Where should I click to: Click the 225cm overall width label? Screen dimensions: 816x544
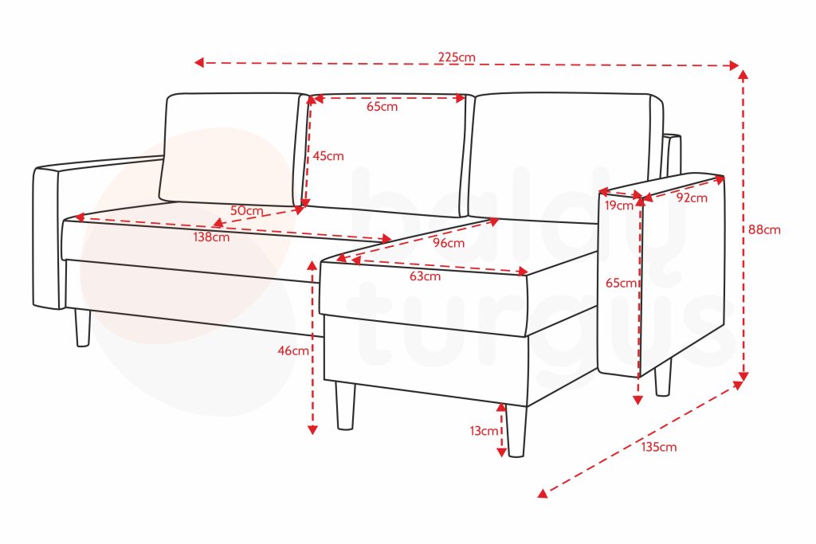click(x=457, y=57)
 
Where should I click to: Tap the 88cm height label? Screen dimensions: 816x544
click(x=764, y=229)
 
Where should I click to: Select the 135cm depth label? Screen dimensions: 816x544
click(x=659, y=447)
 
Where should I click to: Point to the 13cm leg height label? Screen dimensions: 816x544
click(x=484, y=431)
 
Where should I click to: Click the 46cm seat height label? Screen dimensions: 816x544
click(x=293, y=350)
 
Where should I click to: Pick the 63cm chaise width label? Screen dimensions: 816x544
click(x=425, y=276)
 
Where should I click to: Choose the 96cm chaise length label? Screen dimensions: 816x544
click(x=449, y=243)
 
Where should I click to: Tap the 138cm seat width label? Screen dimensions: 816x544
click(x=211, y=237)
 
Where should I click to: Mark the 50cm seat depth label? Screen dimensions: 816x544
click(x=247, y=210)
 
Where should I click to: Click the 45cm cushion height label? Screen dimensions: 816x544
click(x=328, y=155)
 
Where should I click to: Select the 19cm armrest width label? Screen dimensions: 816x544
click(x=618, y=205)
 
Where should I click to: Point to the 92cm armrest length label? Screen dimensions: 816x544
click(x=692, y=198)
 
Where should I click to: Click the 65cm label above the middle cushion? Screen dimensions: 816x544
click(x=382, y=107)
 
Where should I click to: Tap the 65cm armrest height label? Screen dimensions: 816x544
click(x=622, y=283)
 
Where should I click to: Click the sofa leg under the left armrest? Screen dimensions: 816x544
click(x=82, y=327)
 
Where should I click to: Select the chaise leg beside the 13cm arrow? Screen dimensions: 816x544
click(x=516, y=431)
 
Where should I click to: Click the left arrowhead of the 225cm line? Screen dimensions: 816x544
click(x=198, y=62)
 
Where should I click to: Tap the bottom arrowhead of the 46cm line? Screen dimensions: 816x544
click(x=312, y=429)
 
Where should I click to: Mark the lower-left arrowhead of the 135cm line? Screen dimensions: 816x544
click(x=542, y=493)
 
